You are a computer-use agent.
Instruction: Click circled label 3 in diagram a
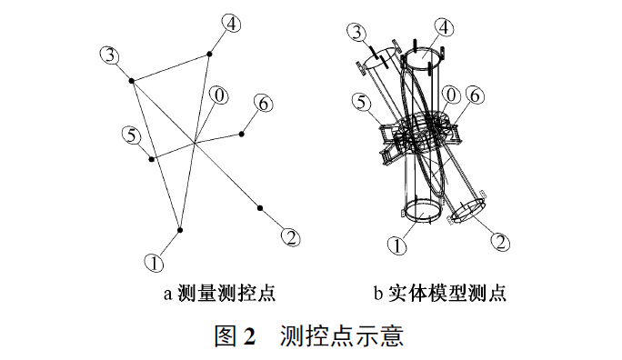tap(110, 55)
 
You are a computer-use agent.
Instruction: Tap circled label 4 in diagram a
tap(231, 24)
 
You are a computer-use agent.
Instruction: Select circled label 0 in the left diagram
tap(219, 95)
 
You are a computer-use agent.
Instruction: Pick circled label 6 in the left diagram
tap(264, 104)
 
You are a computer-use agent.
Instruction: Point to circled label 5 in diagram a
tap(132, 136)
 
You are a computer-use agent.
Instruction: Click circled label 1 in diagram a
tap(155, 263)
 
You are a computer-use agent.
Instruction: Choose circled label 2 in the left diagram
tap(291, 238)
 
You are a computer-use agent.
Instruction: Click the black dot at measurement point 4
tap(209, 54)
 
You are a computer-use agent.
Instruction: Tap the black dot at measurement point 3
tap(132, 81)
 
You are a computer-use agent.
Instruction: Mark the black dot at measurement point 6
tap(242, 135)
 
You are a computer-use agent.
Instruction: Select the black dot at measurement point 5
tap(151, 159)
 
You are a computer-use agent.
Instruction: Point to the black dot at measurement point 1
tap(180, 230)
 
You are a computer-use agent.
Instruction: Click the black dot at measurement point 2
tap(260, 208)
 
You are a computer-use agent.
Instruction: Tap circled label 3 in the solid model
tap(357, 32)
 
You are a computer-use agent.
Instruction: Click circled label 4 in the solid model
tap(445, 27)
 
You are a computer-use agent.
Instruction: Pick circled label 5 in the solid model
tap(361, 103)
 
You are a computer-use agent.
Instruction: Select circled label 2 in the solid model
tap(500, 242)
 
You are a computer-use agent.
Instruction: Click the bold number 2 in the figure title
tap(249, 336)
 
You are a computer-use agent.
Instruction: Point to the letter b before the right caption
tap(378, 294)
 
